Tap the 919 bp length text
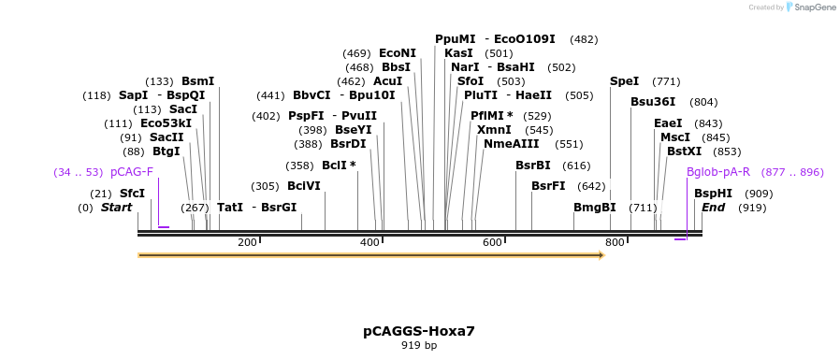tap(419, 346)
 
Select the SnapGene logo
tap(811, 7)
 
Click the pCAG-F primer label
tap(132, 172)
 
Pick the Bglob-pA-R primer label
tap(718, 172)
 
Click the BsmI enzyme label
tap(197, 81)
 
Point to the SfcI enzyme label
tap(132, 194)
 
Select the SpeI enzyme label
tap(624, 81)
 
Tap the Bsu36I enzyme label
tap(653, 102)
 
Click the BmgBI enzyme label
tap(595, 208)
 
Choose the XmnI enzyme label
tap(494, 130)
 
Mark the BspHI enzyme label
tap(713, 194)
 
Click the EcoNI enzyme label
tap(398, 53)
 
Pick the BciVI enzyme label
tap(303, 186)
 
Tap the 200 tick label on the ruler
tap(247, 243)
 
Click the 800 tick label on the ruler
tap(615, 243)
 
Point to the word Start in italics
tap(116, 208)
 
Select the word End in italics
tap(714, 208)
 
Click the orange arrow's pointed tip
tap(603, 254)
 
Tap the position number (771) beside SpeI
tap(666, 81)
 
